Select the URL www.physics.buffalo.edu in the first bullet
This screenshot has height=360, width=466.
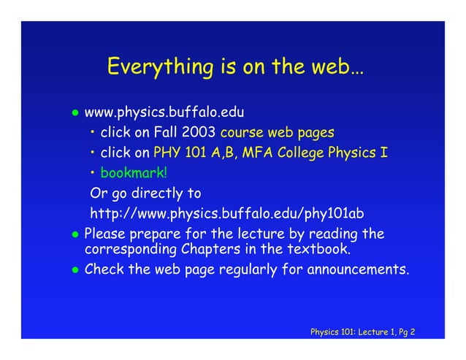pos(164,113)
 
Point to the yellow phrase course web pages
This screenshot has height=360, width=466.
pos(277,134)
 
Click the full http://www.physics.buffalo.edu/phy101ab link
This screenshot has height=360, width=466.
pos(226,214)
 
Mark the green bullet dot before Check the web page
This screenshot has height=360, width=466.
pos(74,270)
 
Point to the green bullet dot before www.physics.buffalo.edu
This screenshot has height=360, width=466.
pos(74,114)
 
